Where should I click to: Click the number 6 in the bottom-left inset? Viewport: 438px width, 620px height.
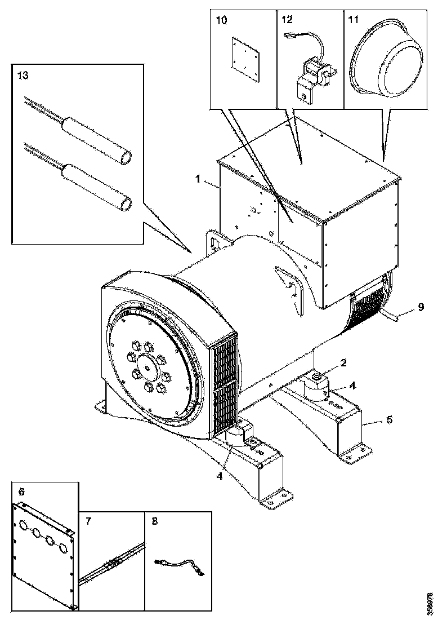pos(21,491)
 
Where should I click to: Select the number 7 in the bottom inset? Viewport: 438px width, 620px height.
pos(89,522)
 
